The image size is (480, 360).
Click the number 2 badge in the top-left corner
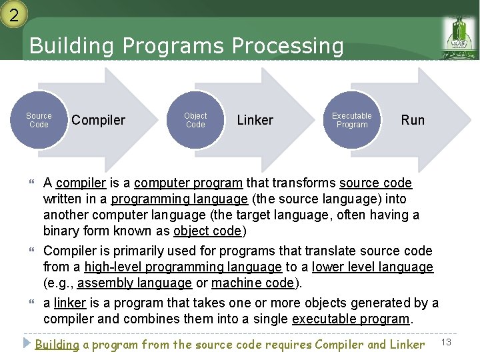[x=13, y=13]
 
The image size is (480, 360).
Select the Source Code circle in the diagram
[x=39, y=120]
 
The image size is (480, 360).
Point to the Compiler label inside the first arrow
[x=98, y=120]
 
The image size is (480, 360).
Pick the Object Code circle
[x=195, y=120]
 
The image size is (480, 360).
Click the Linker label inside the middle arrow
[x=255, y=120]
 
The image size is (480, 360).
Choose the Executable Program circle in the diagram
[x=352, y=120]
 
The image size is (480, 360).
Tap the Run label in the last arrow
[x=413, y=120]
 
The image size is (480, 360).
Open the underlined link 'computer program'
[x=200, y=183]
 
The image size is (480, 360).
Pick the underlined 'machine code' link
[x=255, y=283]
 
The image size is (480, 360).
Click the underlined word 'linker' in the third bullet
[x=70, y=303]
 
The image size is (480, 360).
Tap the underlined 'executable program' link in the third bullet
[x=350, y=319]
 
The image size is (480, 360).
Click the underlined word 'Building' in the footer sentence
[x=57, y=345]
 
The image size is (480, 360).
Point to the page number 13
[x=447, y=343]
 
